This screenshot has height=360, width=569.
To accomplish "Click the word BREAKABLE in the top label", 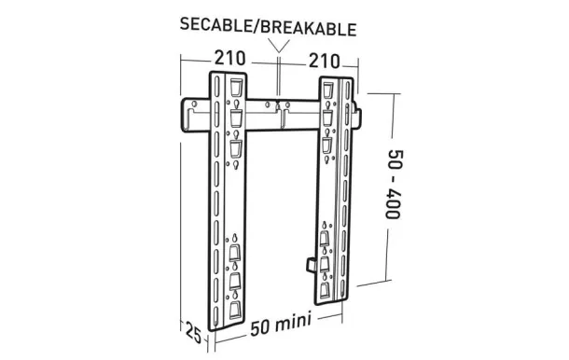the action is click(x=307, y=28).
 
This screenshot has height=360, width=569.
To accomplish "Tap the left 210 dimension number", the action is click(x=230, y=58).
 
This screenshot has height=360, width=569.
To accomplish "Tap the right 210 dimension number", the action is click(x=324, y=61).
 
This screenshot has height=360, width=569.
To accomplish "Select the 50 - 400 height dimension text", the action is click(x=393, y=184).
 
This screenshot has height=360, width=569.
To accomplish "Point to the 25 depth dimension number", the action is click(x=193, y=333).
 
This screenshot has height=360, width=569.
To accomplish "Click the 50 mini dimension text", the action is click(x=281, y=325).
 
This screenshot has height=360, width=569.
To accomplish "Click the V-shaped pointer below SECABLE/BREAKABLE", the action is click(x=279, y=46).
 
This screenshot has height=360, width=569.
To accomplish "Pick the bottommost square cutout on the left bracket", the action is click(x=235, y=310).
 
